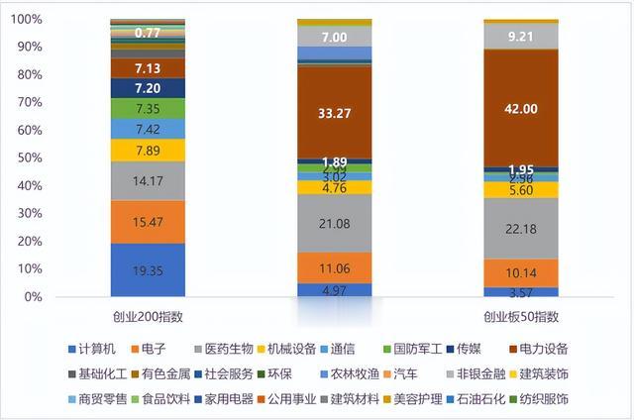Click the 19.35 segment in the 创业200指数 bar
coord(148,269)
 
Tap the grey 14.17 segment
coord(148,180)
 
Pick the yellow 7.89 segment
coord(148,150)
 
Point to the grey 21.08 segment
coord(335,223)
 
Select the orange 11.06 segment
coord(335,267)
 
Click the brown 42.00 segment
coord(521,108)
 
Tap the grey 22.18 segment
coord(521,229)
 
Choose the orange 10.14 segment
coord(521,273)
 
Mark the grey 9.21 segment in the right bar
coord(521,37)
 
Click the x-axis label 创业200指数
coord(148,316)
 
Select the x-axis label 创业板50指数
coord(521,316)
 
